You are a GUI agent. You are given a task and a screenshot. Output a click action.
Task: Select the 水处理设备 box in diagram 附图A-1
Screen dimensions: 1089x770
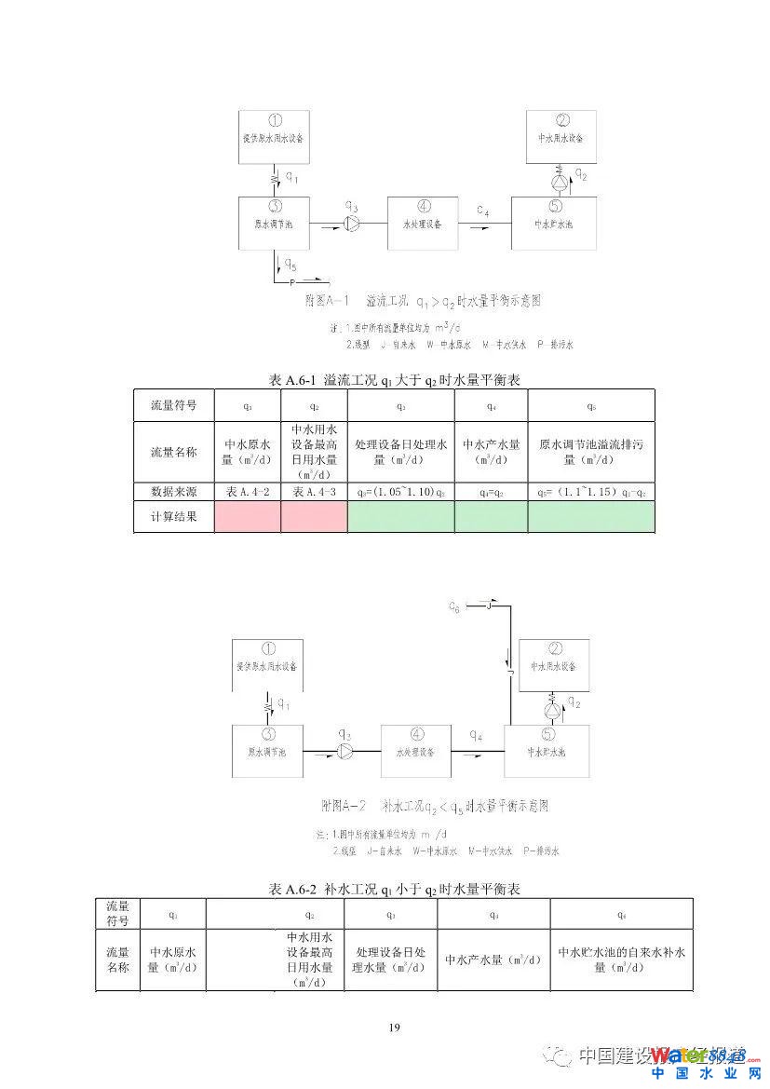pyautogui.click(x=423, y=223)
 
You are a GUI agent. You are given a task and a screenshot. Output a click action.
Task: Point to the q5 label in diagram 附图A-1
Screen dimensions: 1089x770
pyautogui.click(x=290, y=264)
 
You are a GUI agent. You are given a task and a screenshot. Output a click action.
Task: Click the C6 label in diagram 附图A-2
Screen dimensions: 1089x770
pyautogui.click(x=453, y=607)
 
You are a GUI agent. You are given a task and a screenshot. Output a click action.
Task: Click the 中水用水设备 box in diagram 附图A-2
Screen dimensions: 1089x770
pyautogui.click(x=556, y=665)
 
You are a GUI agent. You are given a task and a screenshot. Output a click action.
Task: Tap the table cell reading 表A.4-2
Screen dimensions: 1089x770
pyautogui.click(x=247, y=492)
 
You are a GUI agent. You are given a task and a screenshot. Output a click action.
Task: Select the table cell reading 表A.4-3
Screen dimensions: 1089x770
pyautogui.click(x=314, y=492)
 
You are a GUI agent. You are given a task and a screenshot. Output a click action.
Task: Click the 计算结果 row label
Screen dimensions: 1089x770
pyautogui.click(x=174, y=517)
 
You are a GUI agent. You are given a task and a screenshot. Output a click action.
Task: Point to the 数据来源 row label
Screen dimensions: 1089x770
pyautogui.click(x=174, y=492)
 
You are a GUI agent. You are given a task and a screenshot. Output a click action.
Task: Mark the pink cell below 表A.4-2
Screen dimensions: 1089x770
pyautogui.click(x=247, y=517)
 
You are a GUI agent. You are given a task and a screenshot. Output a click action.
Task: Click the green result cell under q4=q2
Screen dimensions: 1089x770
pyautogui.click(x=491, y=517)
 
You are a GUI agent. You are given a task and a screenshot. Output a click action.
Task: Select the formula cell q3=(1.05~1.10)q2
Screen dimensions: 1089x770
pyautogui.click(x=400, y=492)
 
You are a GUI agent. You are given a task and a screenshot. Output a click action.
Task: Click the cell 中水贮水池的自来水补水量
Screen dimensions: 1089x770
pyautogui.click(x=621, y=960)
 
